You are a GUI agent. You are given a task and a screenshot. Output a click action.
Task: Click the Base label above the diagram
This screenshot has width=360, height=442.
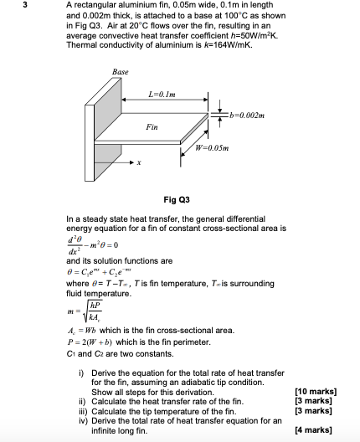pos(120,73)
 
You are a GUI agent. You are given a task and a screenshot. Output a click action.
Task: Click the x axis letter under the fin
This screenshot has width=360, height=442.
pos(139,164)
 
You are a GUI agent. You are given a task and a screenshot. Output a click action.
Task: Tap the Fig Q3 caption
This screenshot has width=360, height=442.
pos(178,199)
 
